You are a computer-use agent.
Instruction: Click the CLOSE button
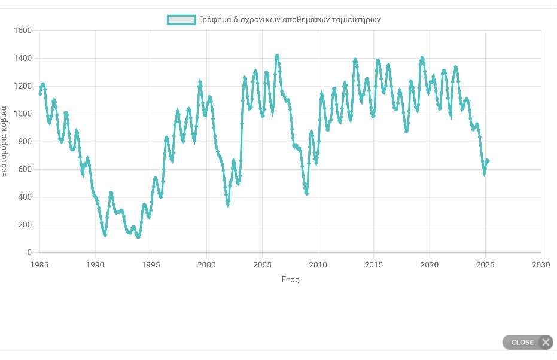tap(527, 342)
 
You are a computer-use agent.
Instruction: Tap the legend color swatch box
tap(181, 20)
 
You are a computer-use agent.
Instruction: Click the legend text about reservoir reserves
tap(290, 20)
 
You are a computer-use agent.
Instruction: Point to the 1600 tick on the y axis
tap(23, 30)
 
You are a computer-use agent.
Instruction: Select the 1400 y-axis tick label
tap(23, 59)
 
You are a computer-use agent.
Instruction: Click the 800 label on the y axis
tap(25, 142)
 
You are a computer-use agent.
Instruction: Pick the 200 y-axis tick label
tap(25, 225)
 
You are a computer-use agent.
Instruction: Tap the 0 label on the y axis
tap(29, 253)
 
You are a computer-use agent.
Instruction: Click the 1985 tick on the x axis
tap(39, 264)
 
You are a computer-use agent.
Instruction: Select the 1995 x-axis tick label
tap(151, 264)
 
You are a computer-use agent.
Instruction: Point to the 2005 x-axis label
tap(262, 264)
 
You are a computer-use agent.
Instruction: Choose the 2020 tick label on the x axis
tap(430, 264)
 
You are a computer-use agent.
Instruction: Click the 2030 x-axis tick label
tap(541, 264)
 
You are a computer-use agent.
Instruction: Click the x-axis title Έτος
tap(290, 279)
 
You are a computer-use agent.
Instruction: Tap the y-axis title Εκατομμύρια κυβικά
tap(5, 141)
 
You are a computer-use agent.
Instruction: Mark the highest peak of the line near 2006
tap(276, 56)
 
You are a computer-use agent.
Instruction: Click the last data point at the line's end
tap(488, 160)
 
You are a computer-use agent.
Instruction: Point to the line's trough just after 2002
tap(227, 205)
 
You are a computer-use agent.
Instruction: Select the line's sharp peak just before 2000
tap(200, 82)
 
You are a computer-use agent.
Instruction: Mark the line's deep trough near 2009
tap(306, 193)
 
